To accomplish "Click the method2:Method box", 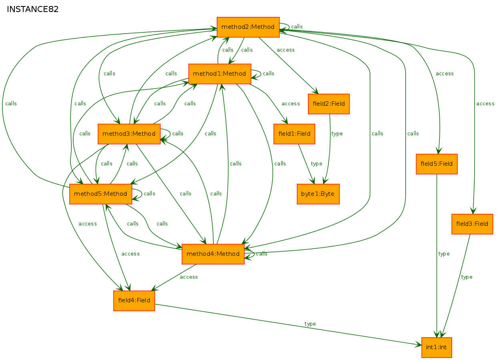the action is pos(248,27).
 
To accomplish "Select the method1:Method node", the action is pos(219,74).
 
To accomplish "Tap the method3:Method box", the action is pos(129,134).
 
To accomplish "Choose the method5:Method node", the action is pos(101,194).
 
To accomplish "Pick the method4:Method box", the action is pos(213,254).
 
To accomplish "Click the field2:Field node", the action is pos(329,104).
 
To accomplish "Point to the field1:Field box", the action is pos(294,134).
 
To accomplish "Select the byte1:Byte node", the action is pos(318,194).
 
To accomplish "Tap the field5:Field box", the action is pos(437,164).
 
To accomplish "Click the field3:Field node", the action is pos(472,224).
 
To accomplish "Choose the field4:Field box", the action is pos(134,301).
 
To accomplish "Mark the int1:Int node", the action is pos(437,348).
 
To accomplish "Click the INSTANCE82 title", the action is pos(33,9).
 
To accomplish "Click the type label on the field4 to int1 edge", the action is pos(310,324).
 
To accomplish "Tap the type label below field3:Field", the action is pos(467,277).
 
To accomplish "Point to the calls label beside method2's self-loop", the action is pos(297,26).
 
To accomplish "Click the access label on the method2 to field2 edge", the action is pos(286,50).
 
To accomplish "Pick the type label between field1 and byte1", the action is pos(316,164).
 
